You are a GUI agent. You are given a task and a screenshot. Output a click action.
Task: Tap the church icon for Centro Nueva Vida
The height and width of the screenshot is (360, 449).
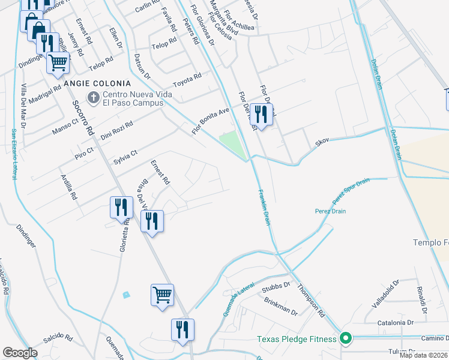click(x=94, y=96)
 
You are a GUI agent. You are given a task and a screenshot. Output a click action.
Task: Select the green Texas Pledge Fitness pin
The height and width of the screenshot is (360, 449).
click(x=345, y=338)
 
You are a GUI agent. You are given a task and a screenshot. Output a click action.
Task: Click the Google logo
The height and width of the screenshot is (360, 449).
click(x=20, y=353)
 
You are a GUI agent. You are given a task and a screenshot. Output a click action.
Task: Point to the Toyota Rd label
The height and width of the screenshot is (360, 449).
click(x=187, y=80)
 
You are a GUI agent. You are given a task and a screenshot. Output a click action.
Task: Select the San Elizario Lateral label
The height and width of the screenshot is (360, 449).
click(x=13, y=154)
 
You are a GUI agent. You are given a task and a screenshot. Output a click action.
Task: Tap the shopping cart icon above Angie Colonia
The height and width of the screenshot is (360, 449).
click(x=57, y=62)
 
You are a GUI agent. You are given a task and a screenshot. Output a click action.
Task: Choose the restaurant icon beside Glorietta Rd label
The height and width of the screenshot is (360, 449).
click(x=121, y=207)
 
